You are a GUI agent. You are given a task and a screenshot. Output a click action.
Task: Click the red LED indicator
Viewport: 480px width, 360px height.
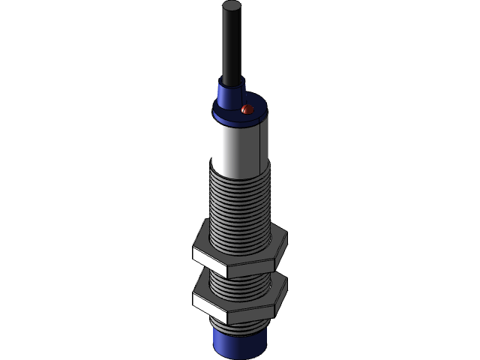point(247,111)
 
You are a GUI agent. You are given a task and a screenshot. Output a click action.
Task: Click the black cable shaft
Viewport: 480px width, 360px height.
point(232,45)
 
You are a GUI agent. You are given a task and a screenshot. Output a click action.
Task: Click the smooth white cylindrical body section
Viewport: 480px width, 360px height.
point(234,146)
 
